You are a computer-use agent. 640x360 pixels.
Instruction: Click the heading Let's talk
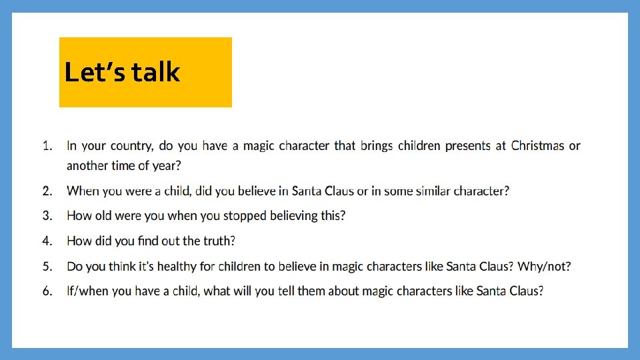coord(122,72)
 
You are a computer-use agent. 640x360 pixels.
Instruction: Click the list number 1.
coord(47,145)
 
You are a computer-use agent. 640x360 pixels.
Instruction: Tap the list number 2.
coord(47,191)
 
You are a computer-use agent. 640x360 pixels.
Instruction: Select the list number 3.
coord(47,216)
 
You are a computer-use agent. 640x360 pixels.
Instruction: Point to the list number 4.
coord(47,241)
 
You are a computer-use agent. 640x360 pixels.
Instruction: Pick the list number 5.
coord(47,267)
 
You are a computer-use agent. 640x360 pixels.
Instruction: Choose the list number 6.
coord(47,291)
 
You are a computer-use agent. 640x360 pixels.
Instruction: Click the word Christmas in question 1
coord(537,145)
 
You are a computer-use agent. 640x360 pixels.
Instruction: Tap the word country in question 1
coord(130,146)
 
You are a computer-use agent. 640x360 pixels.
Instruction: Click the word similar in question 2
coord(430,191)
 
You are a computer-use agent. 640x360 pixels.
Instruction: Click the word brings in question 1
coord(377,146)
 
